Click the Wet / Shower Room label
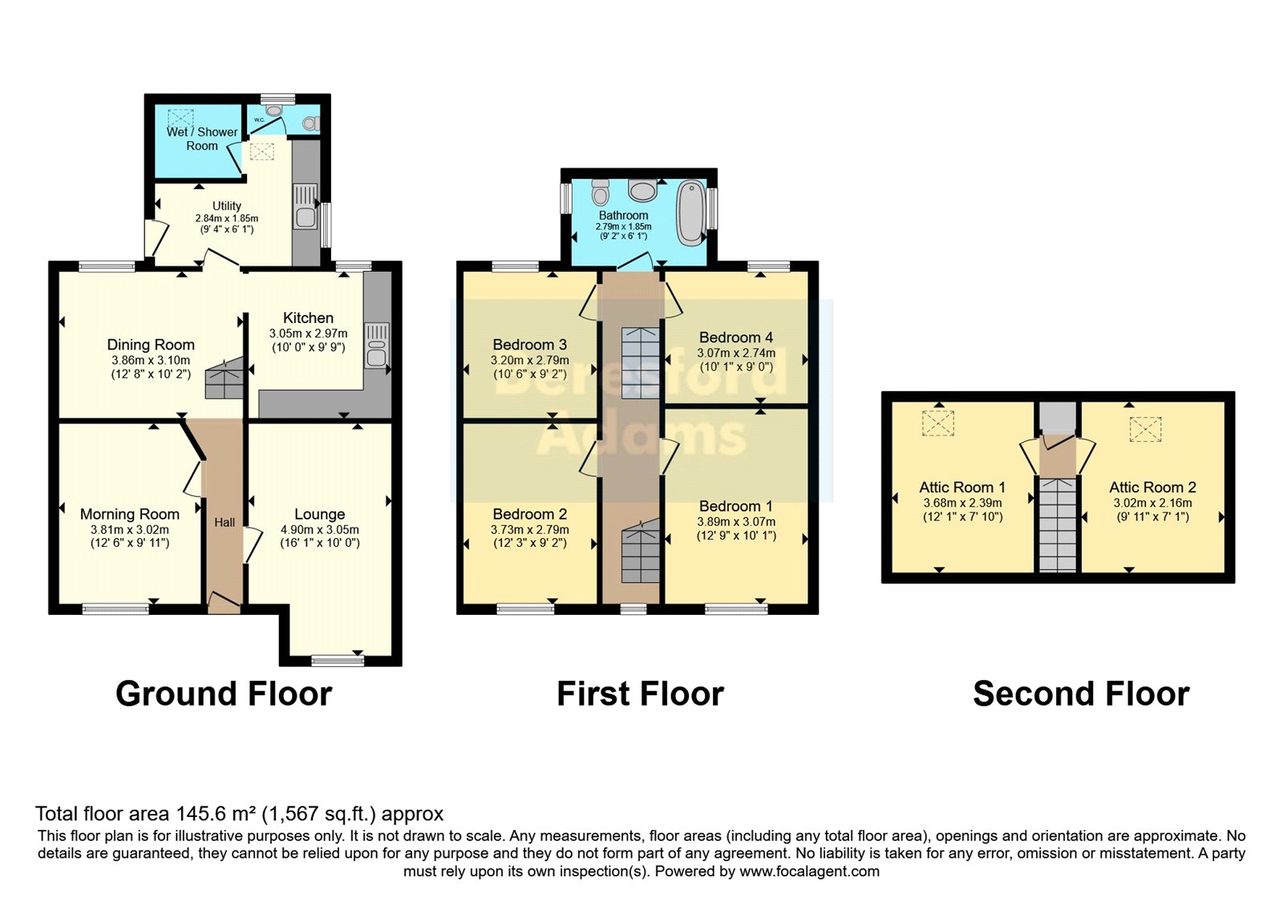click(202, 139)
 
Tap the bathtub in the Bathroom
click(690, 212)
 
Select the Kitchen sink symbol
click(376, 346)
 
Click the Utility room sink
click(306, 206)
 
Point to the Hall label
click(225, 522)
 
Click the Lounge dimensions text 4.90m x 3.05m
click(319, 530)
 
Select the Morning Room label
click(130, 514)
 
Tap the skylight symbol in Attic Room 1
click(937, 423)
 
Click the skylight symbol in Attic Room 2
click(1145, 429)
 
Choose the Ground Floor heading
click(224, 694)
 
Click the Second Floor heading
click(1081, 694)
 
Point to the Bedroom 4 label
click(735, 338)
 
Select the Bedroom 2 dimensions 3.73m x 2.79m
click(530, 530)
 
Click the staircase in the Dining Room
click(224, 378)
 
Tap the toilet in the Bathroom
click(600, 192)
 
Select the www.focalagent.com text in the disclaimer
click(809, 872)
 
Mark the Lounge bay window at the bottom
click(338, 660)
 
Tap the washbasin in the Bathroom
click(642, 190)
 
